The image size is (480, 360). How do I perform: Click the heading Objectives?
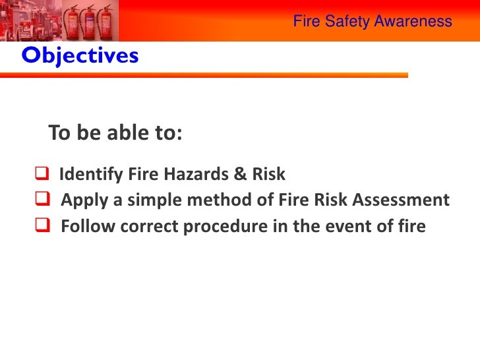click(x=80, y=57)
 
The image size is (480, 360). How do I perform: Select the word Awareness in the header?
click(x=413, y=21)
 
